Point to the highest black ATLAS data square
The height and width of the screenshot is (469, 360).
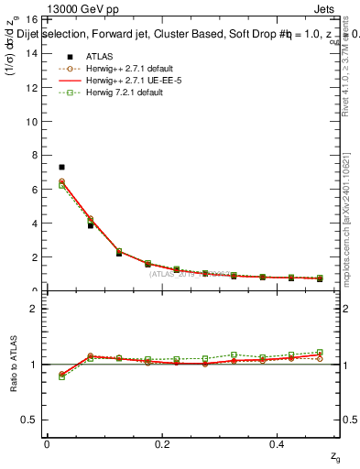pos(61,167)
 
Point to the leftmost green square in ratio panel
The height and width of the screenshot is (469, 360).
pos(61,376)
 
